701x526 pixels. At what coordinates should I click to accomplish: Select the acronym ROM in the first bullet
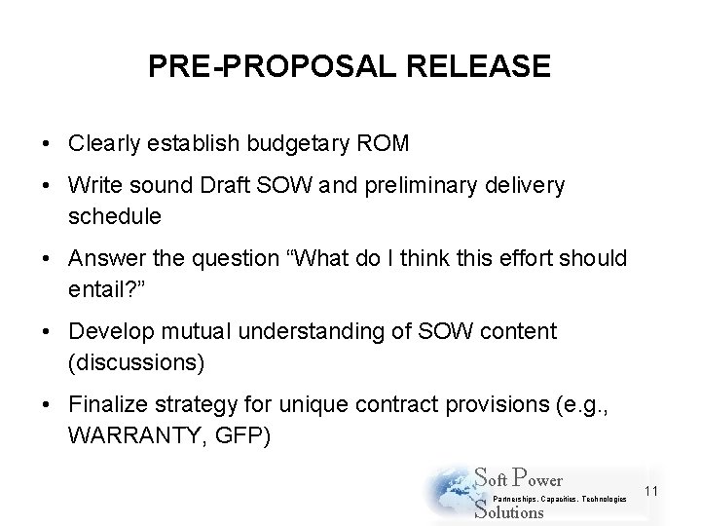coord(387,144)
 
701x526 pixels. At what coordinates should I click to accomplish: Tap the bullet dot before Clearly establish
coord(47,144)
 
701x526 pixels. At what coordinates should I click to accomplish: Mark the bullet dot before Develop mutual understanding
coord(47,331)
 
